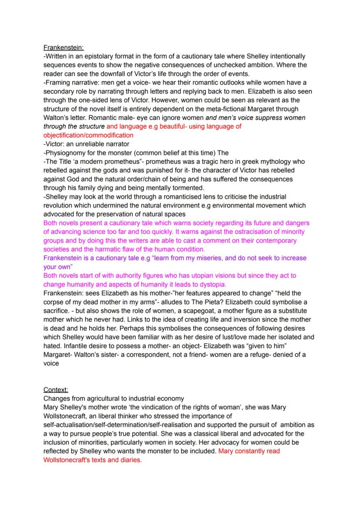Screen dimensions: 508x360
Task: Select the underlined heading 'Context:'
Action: click(x=56, y=390)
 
